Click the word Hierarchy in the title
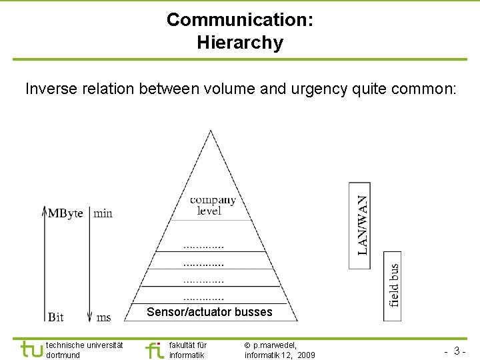pos(240,43)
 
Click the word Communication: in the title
pos(240,20)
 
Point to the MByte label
pos(66,213)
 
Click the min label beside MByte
pos(103,213)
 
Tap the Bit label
pos(56,317)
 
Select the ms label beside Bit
pos(103,317)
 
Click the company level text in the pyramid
pos(212,205)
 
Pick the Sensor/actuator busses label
pos(209,312)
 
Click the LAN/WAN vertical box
pos(360,225)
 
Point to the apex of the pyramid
pos(211,131)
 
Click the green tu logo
pos(31,349)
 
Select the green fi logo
pos(153,349)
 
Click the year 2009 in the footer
pos(307,355)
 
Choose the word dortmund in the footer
pos(63,355)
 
